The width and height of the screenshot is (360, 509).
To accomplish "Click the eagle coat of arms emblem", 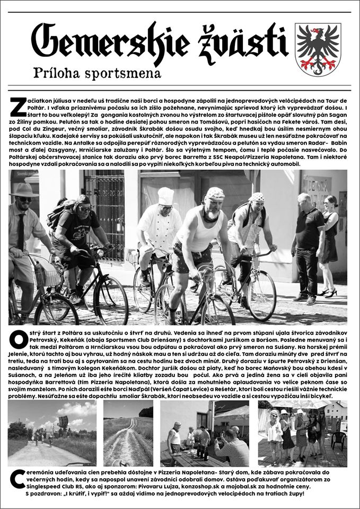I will (x=318, y=49).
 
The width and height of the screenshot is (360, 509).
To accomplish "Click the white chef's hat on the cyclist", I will (x=165, y=196).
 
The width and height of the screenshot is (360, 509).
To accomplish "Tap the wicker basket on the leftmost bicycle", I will (x=45, y=273).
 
